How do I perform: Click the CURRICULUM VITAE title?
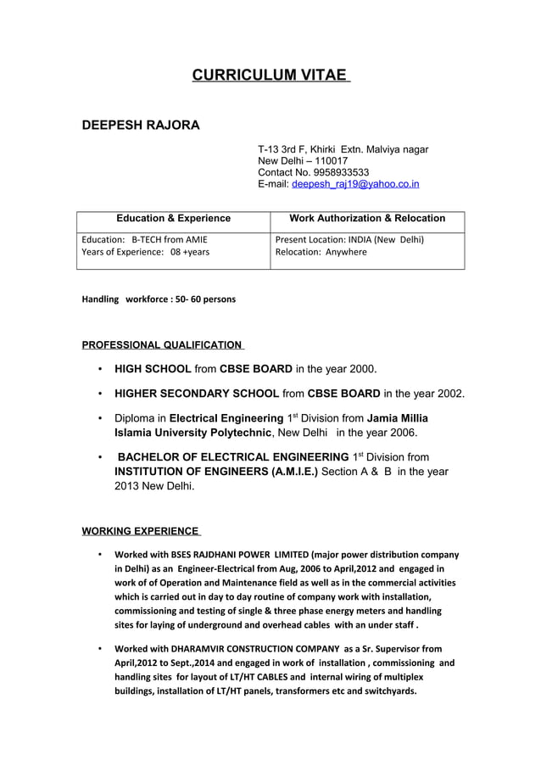270,75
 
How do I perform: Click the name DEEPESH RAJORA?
140,126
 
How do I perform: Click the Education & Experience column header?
173,219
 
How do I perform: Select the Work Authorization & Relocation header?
367,219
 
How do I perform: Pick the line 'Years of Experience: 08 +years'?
145,252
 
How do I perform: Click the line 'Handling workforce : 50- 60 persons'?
159,299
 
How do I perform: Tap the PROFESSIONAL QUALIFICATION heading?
161,345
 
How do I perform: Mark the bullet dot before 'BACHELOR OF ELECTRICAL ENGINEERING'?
101,457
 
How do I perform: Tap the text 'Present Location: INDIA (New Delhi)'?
349,239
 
